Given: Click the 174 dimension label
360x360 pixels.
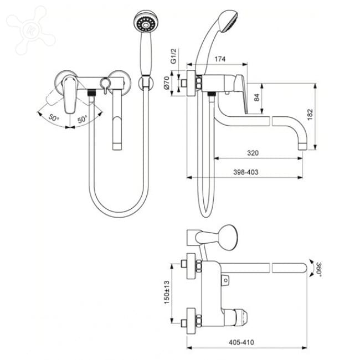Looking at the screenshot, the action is coord(220,59).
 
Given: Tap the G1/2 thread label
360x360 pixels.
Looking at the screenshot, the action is coord(173,56).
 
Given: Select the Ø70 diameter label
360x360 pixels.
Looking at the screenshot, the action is coord(167,83).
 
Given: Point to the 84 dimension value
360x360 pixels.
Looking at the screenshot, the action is coord(257,97).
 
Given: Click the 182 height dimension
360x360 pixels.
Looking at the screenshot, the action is coord(310,114).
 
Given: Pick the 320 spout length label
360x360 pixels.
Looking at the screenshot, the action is coord(253,153).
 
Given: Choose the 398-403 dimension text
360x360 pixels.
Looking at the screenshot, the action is coord(246,172).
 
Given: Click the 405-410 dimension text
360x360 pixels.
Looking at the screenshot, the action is coord(241,342).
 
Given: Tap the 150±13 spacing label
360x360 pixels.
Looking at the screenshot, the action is coord(167,292).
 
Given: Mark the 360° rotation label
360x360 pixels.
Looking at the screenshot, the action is coord(318,269).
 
